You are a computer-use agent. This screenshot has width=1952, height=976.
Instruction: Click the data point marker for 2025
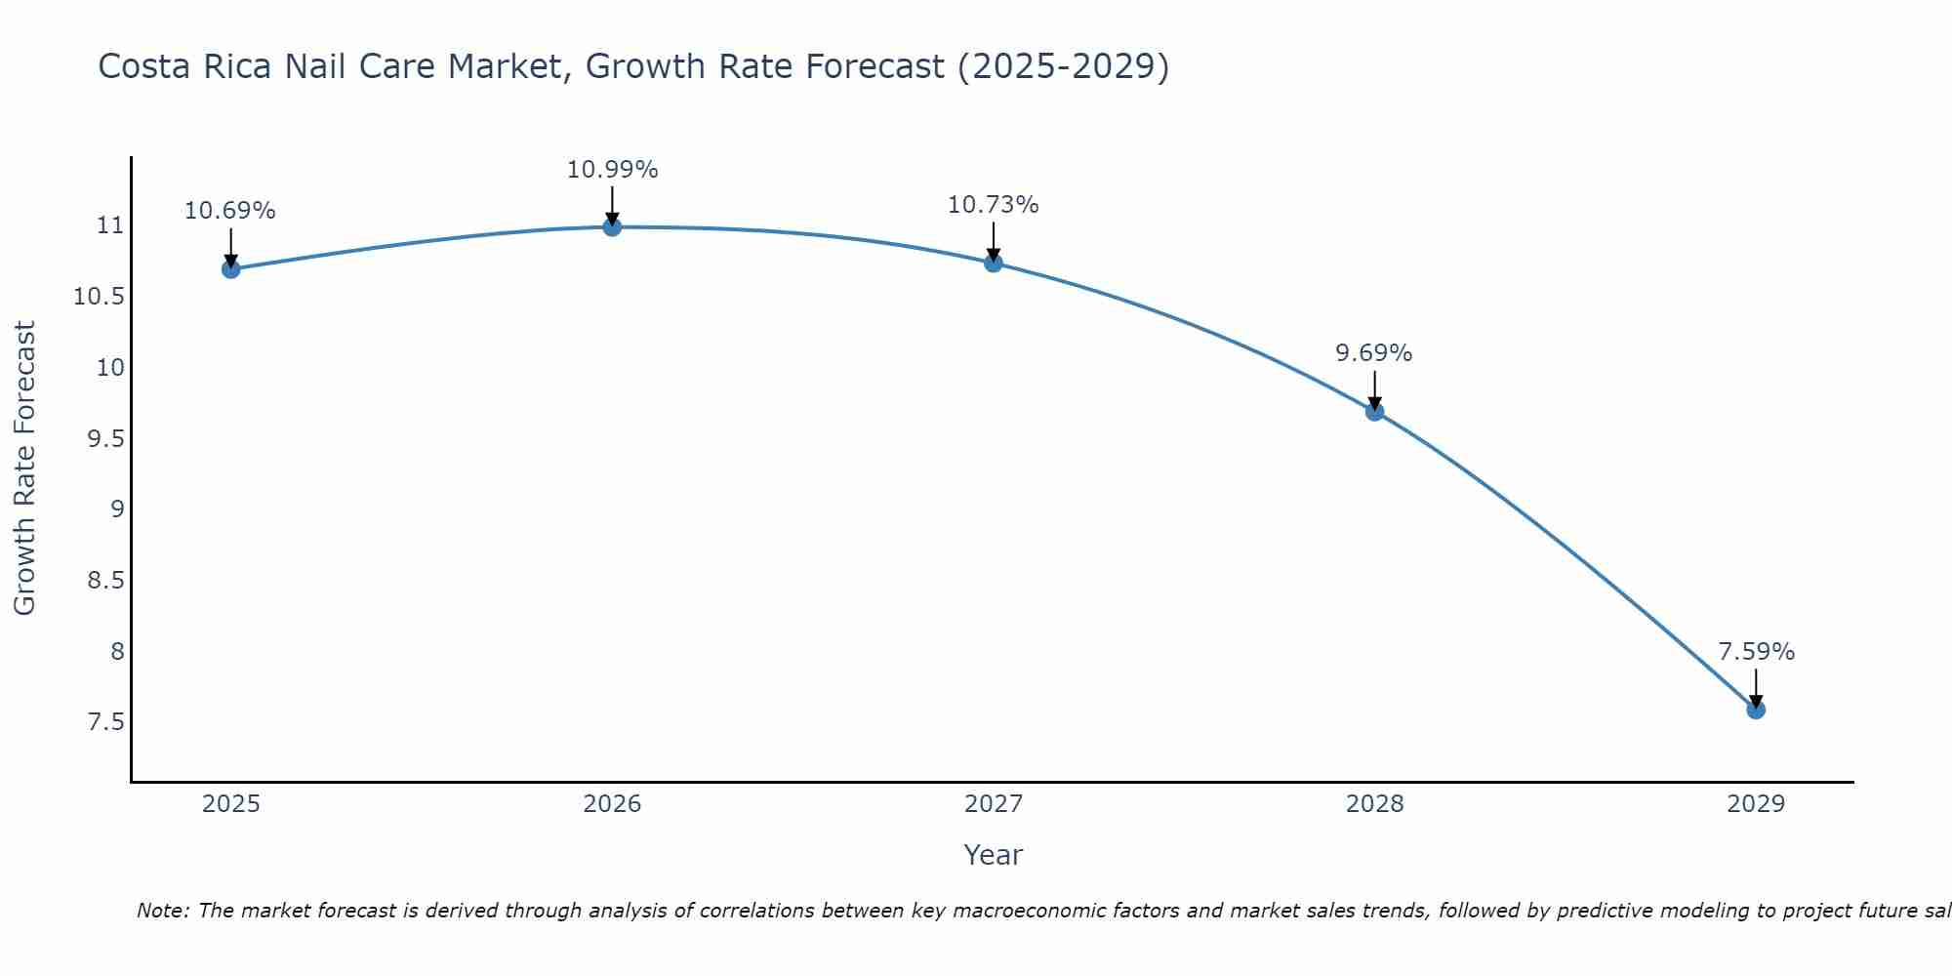click(231, 269)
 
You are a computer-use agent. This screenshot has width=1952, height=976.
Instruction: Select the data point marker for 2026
click(612, 227)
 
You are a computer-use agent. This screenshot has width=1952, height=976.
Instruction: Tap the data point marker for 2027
click(994, 263)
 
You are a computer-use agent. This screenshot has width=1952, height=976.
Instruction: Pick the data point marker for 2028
click(1374, 412)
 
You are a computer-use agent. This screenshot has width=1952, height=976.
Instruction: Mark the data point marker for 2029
click(1756, 710)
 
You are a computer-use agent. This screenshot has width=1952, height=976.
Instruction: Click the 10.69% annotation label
click(230, 211)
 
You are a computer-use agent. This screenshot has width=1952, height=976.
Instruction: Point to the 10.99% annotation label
click(612, 170)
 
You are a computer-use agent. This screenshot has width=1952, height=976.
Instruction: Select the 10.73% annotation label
click(994, 205)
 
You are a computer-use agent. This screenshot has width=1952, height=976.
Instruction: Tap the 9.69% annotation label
click(1374, 353)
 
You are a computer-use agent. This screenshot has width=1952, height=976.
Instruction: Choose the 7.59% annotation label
click(1756, 652)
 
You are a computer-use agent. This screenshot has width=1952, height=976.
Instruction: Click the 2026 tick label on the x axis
click(612, 804)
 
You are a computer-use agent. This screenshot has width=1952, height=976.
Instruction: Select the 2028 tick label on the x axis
click(1374, 804)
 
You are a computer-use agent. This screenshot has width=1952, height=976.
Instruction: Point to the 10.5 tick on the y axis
click(99, 297)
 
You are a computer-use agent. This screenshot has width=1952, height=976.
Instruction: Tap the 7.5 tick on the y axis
click(105, 722)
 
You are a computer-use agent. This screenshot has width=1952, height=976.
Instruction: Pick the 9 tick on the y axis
click(117, 509)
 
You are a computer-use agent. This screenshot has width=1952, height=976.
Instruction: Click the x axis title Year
click(993, 855)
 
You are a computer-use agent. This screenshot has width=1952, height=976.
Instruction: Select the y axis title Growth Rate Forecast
click(24, 468)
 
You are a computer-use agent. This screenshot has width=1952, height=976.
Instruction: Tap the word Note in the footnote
click(162, 911)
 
